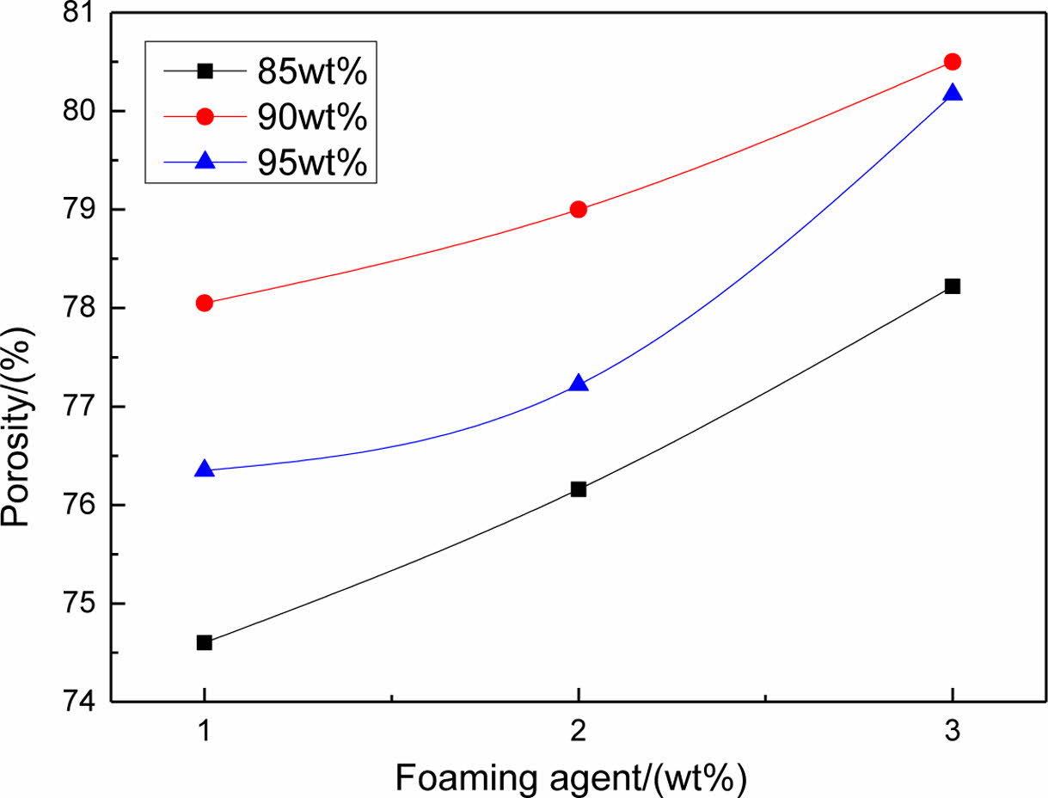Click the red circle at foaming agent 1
(205, 303)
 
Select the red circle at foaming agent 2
(579, 209)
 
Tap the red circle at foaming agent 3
(952, 61)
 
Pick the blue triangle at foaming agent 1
(205, 470)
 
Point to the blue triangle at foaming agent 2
(579, 383)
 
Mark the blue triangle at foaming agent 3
(952, 93)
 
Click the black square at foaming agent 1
(205, 642)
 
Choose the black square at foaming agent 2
(579, 489)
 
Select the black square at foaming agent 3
(952, 286)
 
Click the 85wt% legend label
(312, 72)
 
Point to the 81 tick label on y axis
(84, 14)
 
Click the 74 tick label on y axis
(84, 701)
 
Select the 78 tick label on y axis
(84, 308)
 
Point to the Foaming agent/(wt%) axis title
(571, 777)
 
